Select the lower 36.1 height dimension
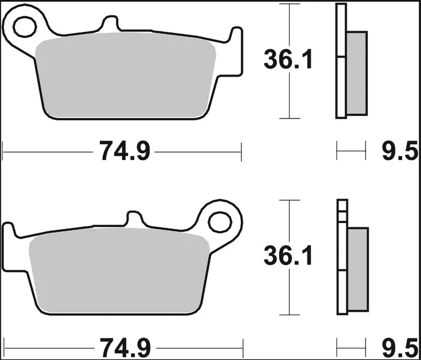click(288, 256)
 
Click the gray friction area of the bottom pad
click(119, 272)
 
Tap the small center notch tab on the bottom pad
click(134, 219)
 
